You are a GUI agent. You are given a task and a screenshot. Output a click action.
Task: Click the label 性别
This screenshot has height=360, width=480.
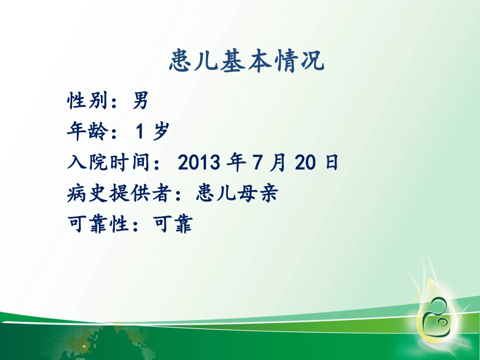(83, 101)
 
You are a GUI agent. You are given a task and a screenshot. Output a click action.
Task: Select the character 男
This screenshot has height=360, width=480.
(140, 101)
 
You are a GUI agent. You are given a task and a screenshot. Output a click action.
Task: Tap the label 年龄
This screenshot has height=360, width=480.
(83, 132)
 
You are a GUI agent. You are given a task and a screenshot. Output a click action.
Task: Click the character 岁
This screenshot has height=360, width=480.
(160, 132)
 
